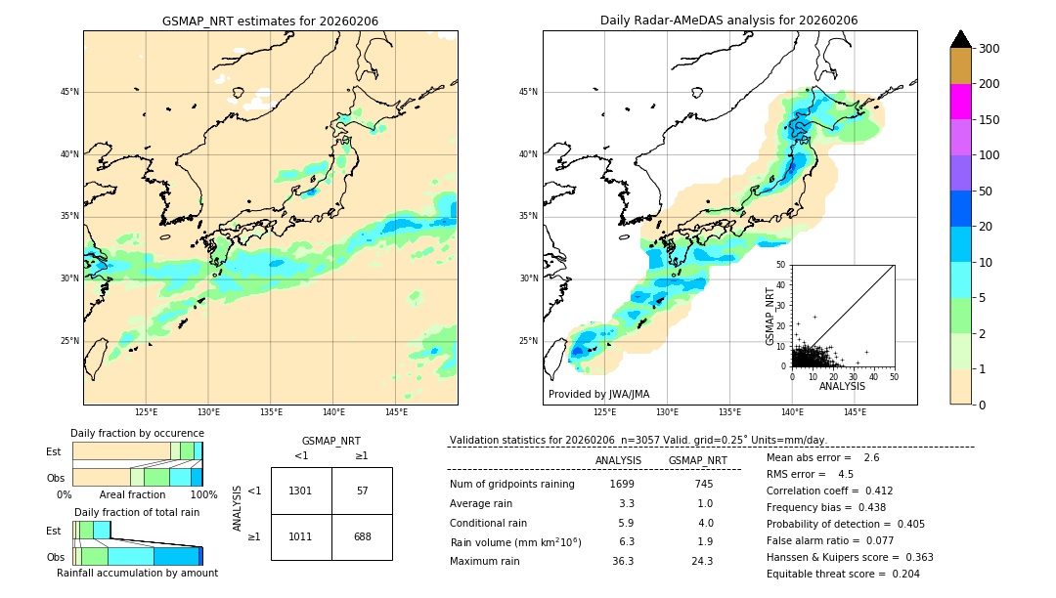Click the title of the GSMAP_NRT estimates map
tap(270, 21)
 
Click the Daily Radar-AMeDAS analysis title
tap(729, 21)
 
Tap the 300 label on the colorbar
tap(990, 49)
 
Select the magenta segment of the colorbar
tap(960, 102)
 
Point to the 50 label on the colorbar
tap(986, 192)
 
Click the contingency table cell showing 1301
tap(300, 491)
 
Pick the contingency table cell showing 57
tap(362, 491)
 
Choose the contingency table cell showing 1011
tap(300, 536)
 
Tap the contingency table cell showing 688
tap(362, 536)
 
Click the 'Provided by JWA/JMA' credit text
tap(598, 395)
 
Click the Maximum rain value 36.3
tap(623, 561)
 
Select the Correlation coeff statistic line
tap(829, 491)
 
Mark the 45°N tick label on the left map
tap(69, 92)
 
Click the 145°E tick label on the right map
tap(855, 412)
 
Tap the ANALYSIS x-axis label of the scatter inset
tap(842, 386)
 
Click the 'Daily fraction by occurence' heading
tap(137, 433)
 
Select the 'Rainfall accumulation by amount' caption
tap(137, 573)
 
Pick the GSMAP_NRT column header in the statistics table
tap(697, 460)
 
